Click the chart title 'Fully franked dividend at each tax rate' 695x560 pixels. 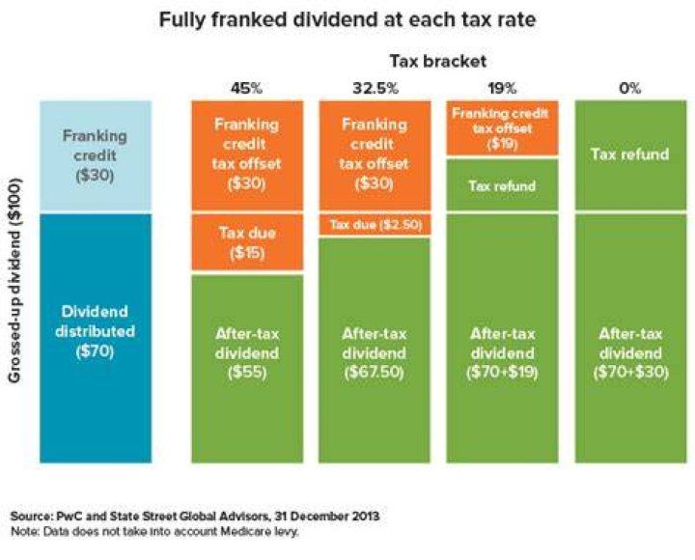(x=347, y=19)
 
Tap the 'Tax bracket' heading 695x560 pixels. (x=438, y=61)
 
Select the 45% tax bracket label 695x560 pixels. (x=246, y=88)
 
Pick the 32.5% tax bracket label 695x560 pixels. (x=375, y=88)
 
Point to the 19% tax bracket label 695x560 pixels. (x=502, y=88)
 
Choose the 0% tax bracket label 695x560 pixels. (x=629, y=88)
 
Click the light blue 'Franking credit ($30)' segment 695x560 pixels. (x=96, y=155)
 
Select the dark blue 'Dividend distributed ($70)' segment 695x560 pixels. (x=96, y=338)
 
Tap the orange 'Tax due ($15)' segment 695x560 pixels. (x=247, y=241)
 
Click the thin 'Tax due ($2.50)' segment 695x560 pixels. (x=375, y=224)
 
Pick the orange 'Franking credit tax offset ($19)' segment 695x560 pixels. (x=502, y=128)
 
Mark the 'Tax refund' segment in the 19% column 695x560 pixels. (x=502, y=184)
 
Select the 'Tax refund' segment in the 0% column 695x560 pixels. (x=630, y=155)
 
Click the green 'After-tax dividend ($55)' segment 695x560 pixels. (x=247, y=369)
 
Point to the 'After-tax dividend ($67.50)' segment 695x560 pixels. (x=375, y=350)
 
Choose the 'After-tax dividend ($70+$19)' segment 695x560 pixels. (x=502, y=338)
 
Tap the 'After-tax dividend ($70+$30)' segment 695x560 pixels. (x=630, y=338)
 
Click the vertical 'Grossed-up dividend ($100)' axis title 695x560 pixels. (x=14, y=279)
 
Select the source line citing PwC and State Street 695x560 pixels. (x=195, y=517)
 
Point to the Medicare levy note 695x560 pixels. (x=154, y=531)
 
